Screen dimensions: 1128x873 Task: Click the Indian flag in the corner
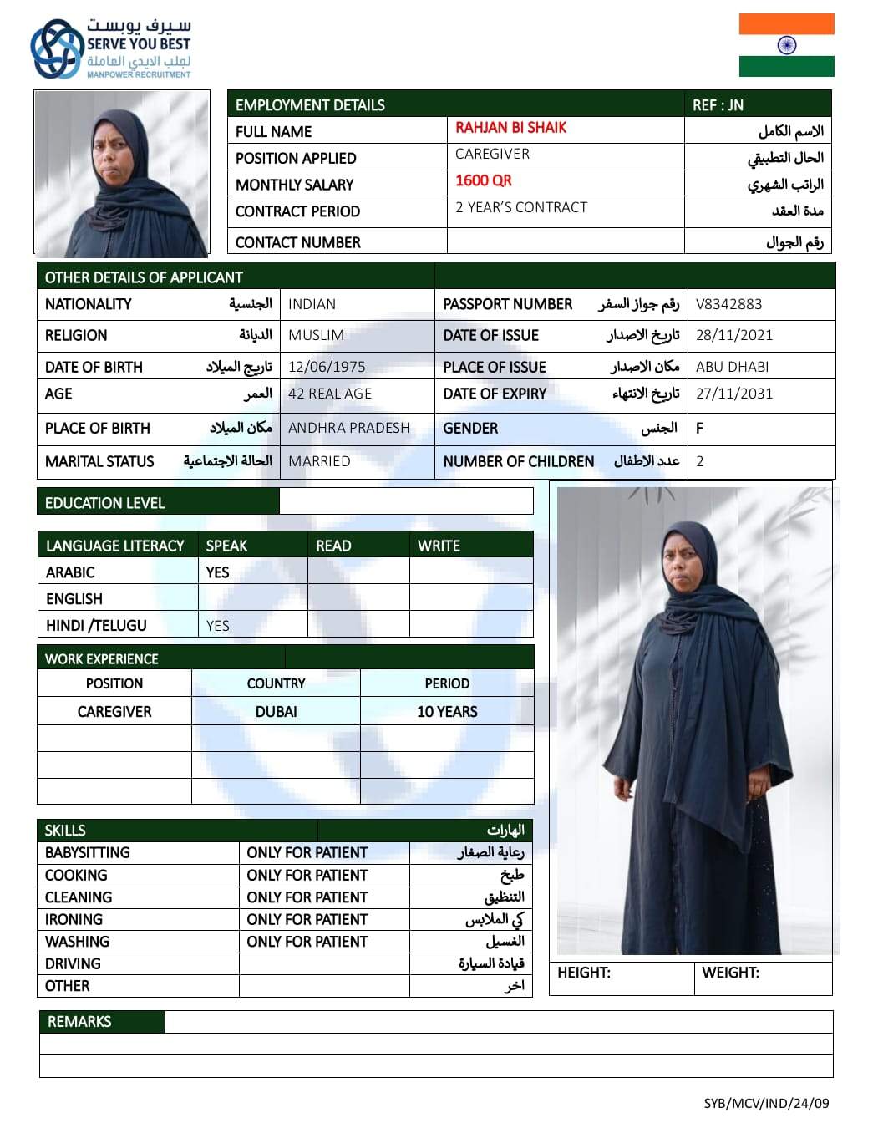[786, 45]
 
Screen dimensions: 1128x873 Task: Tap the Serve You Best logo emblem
[56, 49]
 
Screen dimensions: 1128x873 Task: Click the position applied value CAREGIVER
[492, 154]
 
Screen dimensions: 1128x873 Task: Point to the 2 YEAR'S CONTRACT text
[521, 207]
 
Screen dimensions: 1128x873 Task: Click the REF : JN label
[718, 105]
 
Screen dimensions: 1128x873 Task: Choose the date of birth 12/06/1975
[327, 367]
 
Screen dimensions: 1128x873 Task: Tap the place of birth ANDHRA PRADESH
[348, 428]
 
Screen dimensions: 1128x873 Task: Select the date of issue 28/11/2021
[734, 335]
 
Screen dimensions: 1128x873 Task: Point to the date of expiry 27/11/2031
[734, 394]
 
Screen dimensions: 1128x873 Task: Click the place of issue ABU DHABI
[732, 367]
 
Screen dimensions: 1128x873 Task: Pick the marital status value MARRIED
[319, 461]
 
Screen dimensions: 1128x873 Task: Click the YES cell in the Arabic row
[217, 572]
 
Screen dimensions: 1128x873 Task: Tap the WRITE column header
[439, 546]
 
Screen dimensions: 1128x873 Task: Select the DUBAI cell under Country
[276, 712]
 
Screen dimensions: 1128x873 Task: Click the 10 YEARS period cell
[447, 712]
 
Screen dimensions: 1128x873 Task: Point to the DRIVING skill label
[73, 963]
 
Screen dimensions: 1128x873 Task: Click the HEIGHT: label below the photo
[584, 973]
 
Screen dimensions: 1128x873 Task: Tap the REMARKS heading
[79, 1022]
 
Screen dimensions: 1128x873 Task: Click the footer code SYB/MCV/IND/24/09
[766, 1103]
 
